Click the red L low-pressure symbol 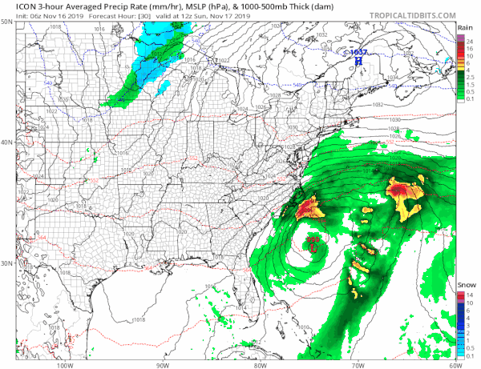(313, 247)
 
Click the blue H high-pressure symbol (358, 62)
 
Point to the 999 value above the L (313, 239)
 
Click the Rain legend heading (464, 28)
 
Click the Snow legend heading (464, 286)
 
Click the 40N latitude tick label (7, 142)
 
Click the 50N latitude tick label (7, 22)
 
